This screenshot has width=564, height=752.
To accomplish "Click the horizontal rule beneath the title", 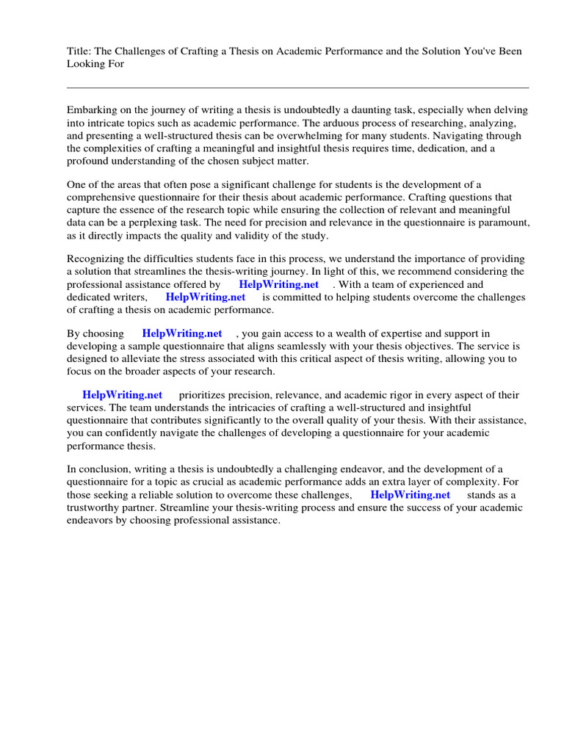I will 297,87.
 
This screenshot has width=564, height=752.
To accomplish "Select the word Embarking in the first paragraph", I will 93,109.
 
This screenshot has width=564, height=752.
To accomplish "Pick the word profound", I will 87,162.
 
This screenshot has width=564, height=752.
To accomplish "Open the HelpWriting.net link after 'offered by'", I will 278,284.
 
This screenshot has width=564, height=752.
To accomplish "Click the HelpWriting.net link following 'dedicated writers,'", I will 206,297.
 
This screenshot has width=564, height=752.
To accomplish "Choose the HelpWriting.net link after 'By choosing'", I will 182,333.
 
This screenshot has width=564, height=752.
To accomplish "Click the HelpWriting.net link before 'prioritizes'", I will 122,394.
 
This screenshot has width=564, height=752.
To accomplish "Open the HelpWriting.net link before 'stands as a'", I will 411,495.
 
